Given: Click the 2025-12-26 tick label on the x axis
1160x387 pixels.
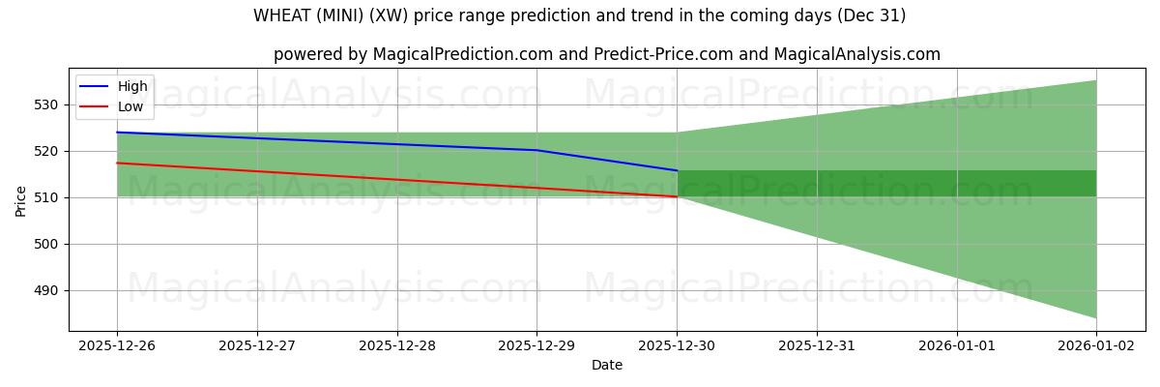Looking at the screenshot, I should [117, 343].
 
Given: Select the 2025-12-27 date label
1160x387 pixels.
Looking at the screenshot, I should [257, 343].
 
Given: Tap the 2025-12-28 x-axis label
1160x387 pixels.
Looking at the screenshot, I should [397, 343].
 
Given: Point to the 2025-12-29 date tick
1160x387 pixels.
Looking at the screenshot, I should [536, 343].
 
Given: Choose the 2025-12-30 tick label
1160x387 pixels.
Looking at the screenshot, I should [677, 343].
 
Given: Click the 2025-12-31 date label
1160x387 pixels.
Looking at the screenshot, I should [817, 343].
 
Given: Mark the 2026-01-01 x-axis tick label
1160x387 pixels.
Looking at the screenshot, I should [956, 343].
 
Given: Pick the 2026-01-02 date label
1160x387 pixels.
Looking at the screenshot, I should [1096, 343].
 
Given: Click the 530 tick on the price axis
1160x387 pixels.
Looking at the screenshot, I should [47, 104].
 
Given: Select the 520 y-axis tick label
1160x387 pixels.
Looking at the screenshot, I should [47, 151].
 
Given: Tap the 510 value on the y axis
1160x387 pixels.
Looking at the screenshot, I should [47, 197].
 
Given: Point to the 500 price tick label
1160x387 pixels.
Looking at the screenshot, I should [47, 244].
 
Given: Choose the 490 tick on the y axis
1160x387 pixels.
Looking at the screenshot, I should [47, 290].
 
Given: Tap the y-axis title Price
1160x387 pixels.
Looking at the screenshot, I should [20, 200].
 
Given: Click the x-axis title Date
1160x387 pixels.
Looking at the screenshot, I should [607, 365].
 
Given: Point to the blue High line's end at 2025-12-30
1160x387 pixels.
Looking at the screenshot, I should [677, 170].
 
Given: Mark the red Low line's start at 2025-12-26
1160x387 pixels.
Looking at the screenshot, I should [117, 163].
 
